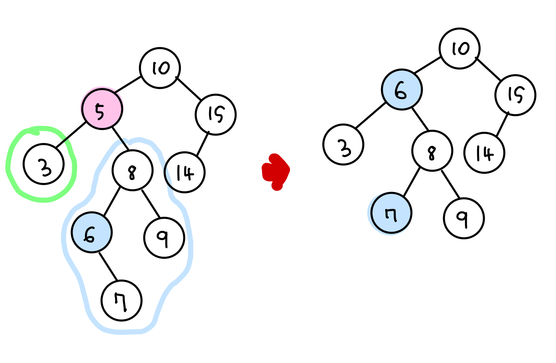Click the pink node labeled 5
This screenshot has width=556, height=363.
[x=102, y=109]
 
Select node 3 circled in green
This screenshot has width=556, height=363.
[x=44, y=164]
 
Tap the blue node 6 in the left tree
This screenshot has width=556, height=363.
[x=91, y=233]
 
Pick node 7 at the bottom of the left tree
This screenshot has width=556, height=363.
[x=121, y=301]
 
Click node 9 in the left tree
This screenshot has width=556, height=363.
[x=164, y=238]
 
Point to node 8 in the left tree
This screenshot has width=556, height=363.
[x=132, y=170]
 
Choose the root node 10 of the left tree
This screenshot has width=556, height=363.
[x=160, y=68]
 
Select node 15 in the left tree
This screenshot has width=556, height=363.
[x=216, y=115]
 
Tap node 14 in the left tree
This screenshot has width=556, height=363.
[x=185, y=172]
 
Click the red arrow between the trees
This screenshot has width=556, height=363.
[x=276, y=171]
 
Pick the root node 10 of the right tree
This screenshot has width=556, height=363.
[x=459, y=48]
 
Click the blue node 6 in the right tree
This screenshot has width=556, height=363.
[x=402, y=89]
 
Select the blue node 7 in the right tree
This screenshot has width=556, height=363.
[x=391, y=213]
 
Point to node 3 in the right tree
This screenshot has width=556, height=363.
[x=343, y=144]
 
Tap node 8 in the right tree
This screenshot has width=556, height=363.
[x=432, y=151]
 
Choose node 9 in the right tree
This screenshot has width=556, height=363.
[x=463, y=218]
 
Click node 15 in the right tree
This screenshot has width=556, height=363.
[x=515, y=95]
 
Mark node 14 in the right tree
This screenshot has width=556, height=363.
[x=484, y=153]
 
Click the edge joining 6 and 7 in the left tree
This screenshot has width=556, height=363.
[x=108, y=266]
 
